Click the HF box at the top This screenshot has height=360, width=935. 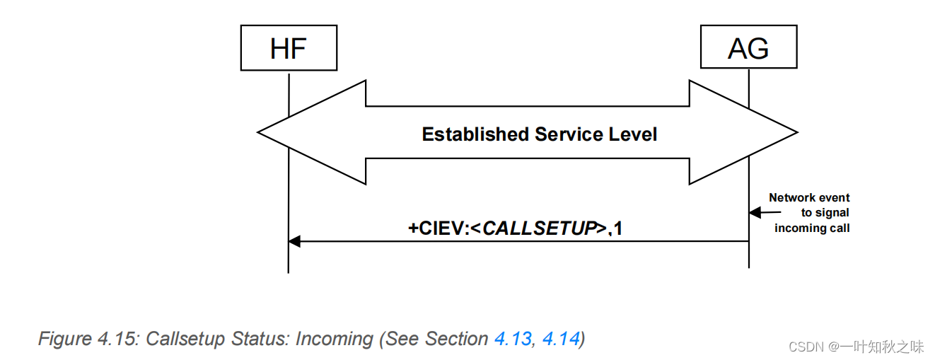289,48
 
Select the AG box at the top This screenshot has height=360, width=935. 748,48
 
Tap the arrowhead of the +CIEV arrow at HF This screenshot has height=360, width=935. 295,241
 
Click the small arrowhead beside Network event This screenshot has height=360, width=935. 755,212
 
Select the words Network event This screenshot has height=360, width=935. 809,198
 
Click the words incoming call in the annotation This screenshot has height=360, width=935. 811,228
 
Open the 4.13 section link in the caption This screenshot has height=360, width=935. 512,339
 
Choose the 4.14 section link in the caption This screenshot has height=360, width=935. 560,339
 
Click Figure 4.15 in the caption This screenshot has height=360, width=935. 88,339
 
